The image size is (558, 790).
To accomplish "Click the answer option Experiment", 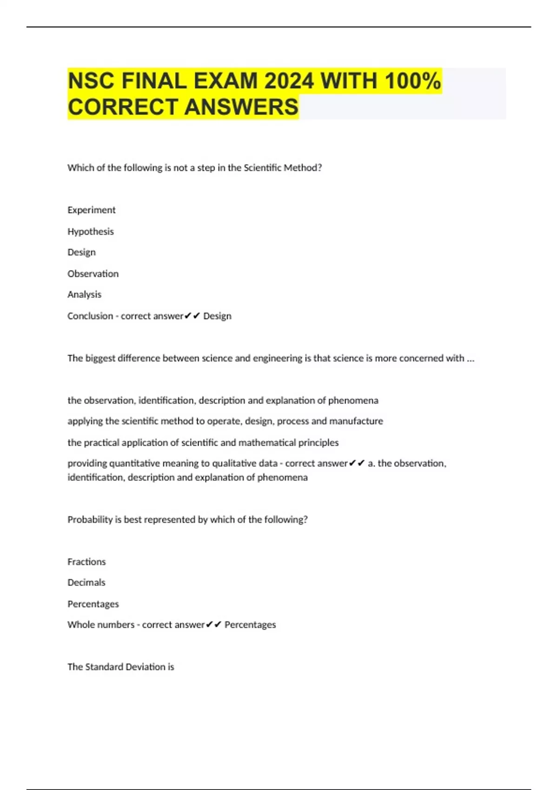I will (x=91, y=210).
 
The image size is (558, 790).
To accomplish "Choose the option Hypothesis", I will (x=90, y=231).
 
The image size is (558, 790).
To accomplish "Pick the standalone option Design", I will (x=81, y=252).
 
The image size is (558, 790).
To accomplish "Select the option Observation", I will (x=93, y=274).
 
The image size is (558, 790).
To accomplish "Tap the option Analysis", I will (x=84, y=295).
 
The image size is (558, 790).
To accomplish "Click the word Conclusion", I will (x=90, y=316).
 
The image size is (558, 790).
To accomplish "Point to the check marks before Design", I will (x=192, y=316).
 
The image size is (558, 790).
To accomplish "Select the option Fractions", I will (x=86, y=562).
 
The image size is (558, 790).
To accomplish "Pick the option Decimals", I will (x=86, y=583).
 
